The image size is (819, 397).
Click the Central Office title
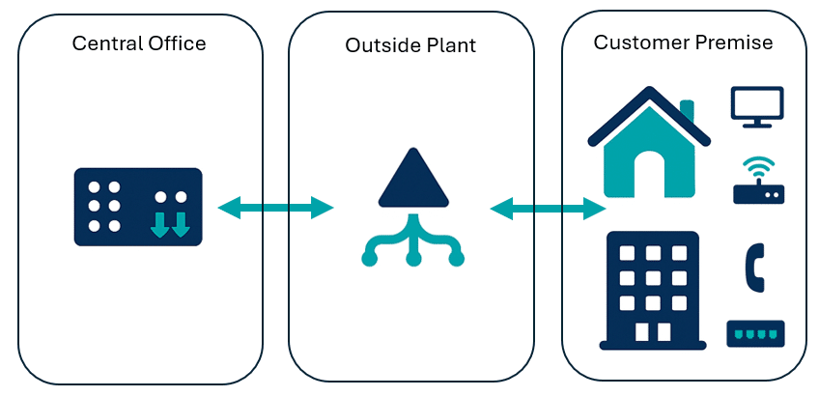pyautogui.click(x=139, y=43)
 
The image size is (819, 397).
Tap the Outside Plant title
pyautogui.click(x=410, y=46)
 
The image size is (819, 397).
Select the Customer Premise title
pyautogui.click(x=683, y=43)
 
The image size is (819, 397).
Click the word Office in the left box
pyautogui.click(x=179, y=43)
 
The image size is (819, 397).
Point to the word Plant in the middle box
pyautogui.click(x=451, y=46)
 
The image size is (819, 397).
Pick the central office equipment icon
pyautogui.click(x=138, y=207)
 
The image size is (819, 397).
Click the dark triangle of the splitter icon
pyautogui.click(x=412, y=181)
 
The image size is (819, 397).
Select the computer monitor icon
pyautogui.click(x=757, y=106)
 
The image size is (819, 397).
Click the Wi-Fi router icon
pyautogui.click(x=758, y=181)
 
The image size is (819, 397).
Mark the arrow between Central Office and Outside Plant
pyautogui.click(x=275, y=206)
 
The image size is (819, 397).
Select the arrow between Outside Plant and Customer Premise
pyautogui.click(x=548, y=207)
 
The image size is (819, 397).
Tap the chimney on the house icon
pyautogui.click(x=687, y=109)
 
